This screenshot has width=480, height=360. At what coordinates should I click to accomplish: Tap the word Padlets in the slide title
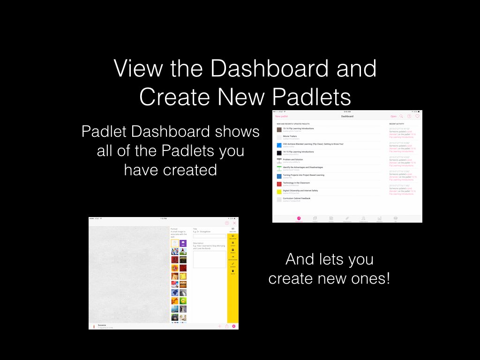click(312, 97)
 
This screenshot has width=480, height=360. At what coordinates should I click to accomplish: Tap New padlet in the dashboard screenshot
click(282, 116)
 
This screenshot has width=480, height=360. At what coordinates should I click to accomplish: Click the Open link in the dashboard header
click(393, 116)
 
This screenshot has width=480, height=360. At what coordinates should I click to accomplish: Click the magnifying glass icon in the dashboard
click(401, 116)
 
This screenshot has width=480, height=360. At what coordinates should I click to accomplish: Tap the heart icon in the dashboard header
click(417, 116)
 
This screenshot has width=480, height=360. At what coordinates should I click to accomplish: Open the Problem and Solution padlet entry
click(293, 159)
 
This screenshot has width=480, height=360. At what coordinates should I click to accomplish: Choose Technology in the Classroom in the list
click(296, 183)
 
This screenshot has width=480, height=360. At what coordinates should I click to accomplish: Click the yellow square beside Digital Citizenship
click(279, 192)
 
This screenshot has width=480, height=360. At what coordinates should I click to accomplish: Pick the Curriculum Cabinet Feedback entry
click(300, 198)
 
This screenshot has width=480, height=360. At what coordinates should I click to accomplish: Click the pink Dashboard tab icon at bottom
click(299, 218)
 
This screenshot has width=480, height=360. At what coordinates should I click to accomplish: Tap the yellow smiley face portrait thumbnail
click(183, 300)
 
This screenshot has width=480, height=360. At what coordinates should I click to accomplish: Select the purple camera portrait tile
click(183, 243)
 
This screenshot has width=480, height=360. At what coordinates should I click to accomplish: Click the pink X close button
click(234, 223)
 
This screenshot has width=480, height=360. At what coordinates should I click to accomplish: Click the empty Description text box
click(209, 259)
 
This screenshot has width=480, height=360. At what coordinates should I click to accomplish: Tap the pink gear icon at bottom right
click(234, 326)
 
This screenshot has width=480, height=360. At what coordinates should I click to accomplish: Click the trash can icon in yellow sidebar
click(233, 271)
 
